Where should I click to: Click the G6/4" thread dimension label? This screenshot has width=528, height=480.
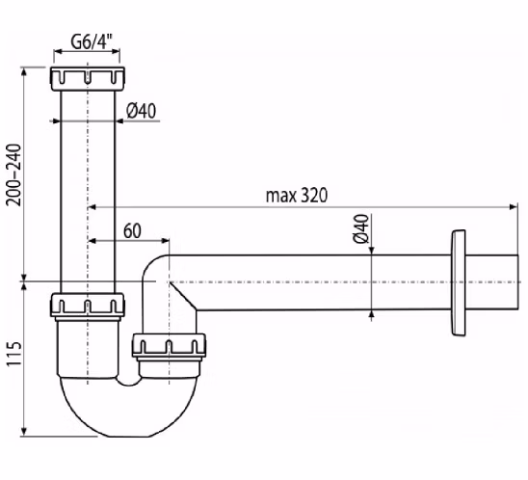(x=91, y=41)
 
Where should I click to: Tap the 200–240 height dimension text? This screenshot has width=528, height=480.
(x=14, y=174)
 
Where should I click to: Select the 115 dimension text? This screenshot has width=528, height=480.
(x=14, y=354)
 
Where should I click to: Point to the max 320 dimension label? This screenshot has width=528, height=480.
(x=297, y=195)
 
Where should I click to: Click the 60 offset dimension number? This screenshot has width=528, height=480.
(x=132, y=231)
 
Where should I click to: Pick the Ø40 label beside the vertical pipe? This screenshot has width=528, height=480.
(x=142, y=111)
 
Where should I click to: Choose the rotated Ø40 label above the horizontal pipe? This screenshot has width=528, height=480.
(x=361, y=228)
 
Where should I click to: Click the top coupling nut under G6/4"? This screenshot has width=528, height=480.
(x=88, y=79)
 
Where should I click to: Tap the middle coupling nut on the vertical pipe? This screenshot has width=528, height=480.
(x=88, y=305)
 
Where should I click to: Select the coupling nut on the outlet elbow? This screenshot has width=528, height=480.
(x=169, y=345)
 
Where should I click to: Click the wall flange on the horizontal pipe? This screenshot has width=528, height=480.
(x=459, y=282)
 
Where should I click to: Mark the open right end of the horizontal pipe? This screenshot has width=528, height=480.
(x=517, y=282)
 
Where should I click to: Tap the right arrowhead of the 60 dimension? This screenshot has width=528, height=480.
(x=165, y=241)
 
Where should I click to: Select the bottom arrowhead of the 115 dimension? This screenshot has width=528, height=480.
(x=23, y=432)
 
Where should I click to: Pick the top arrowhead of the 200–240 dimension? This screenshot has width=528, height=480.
(x=23, y=72)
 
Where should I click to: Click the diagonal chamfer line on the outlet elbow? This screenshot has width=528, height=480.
(x=183, y=296)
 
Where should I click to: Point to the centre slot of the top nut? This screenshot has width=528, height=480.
(x=88, y=77)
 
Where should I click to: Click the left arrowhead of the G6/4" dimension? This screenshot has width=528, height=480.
(x=59, y=51)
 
